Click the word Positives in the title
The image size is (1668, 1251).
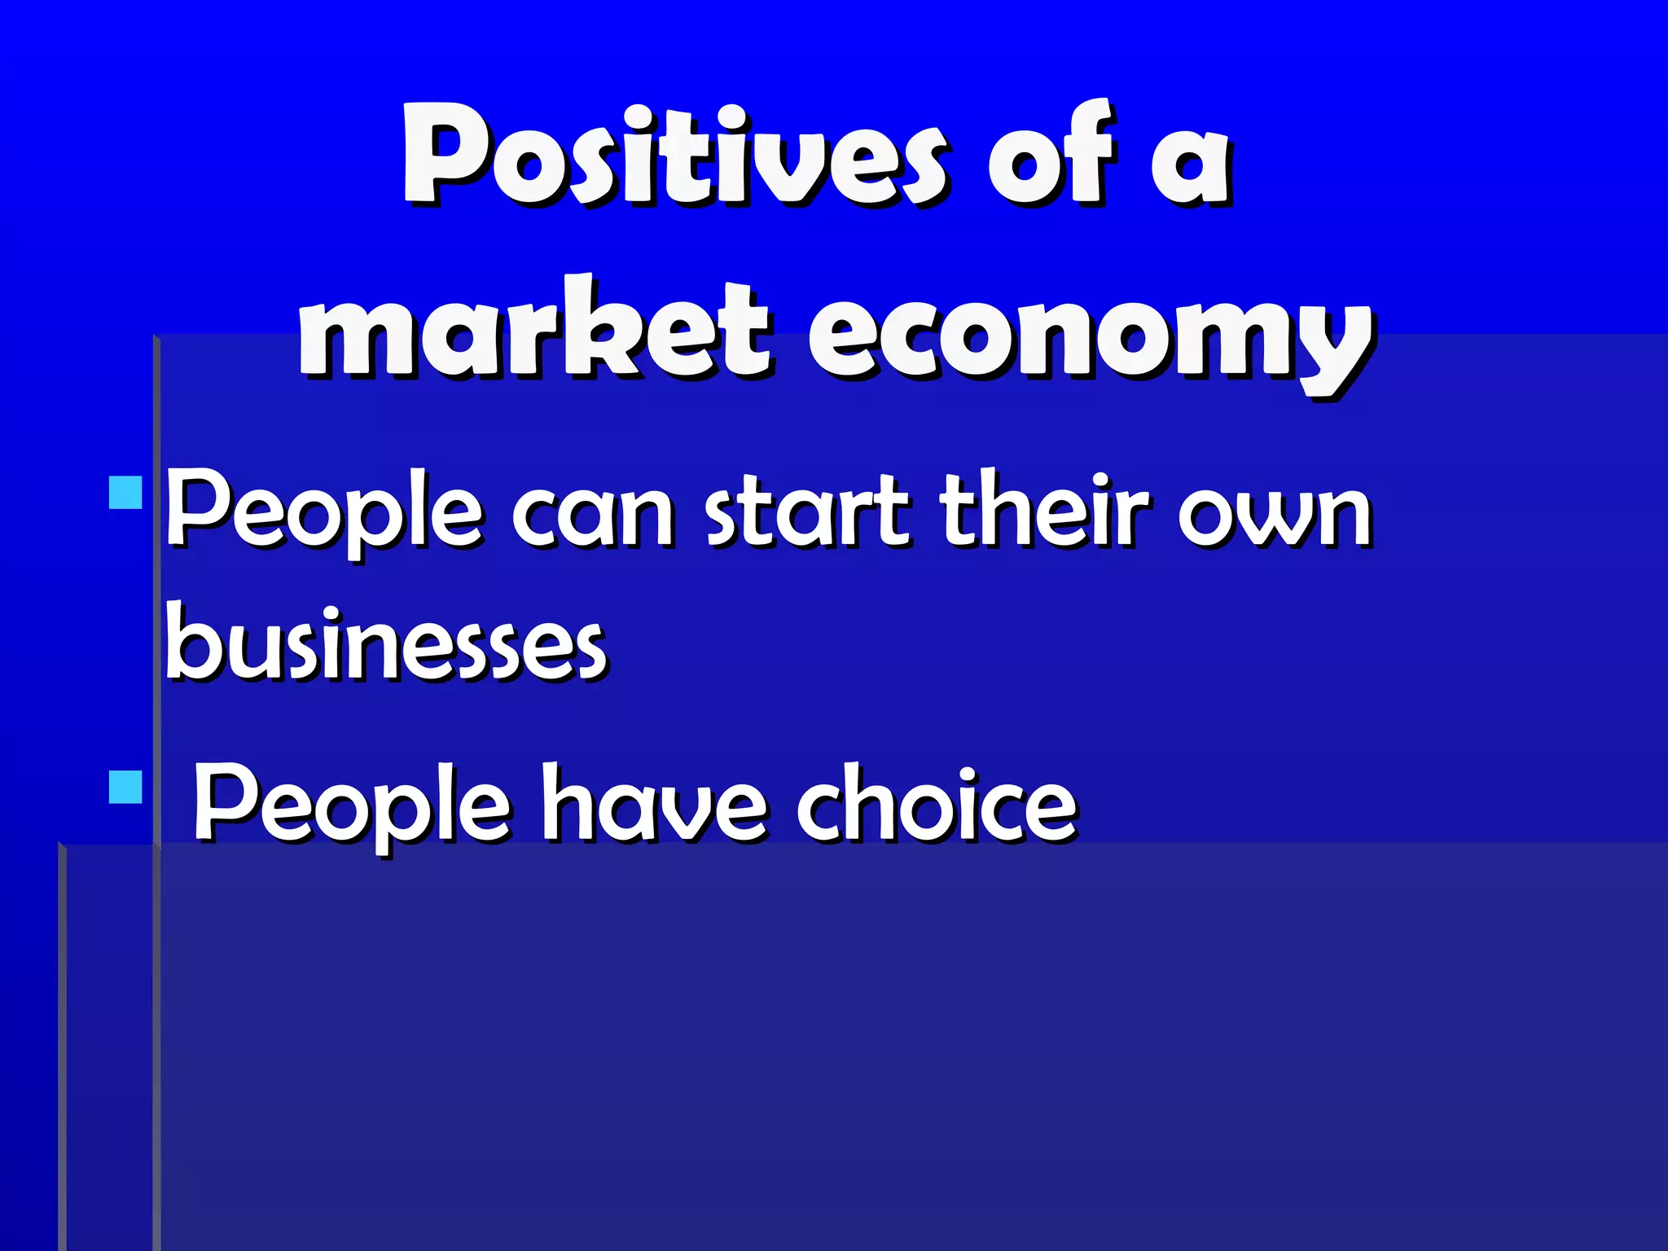pos(674,155)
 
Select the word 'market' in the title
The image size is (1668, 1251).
pos(533,330)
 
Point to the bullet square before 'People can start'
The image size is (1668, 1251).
pos(125,493)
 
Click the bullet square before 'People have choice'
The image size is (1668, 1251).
pos(125,787)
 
